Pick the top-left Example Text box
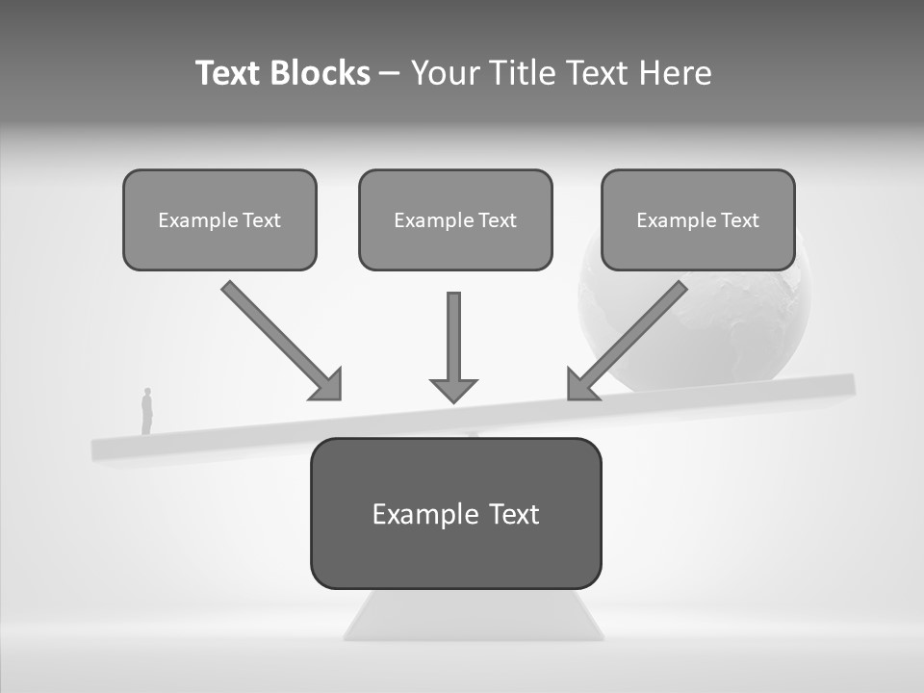pyautogui.click(x=219, y=219)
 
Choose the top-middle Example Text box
pyautogui.click(x=455, y=219)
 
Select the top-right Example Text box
pyautogui.click(x=698, y=219)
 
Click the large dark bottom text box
pyautogui.click(x=455, y=513)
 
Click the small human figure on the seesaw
pyautogui.click(x=147, y=411)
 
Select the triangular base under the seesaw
pyautogui.click(x=474, y=616)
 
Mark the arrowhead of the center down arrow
pyautogui.click(x=453, y=389)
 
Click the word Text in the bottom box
pyautogui.click(x=513, y=514)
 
